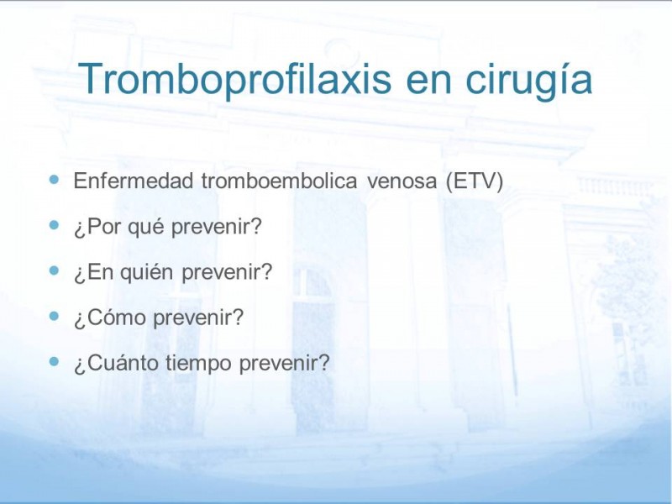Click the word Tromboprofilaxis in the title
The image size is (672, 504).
click(234, 80)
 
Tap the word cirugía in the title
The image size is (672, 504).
click(529, 80)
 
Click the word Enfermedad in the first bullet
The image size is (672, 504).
click(134, 181)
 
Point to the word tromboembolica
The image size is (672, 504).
click(279, 181)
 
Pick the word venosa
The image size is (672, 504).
click(402, 182)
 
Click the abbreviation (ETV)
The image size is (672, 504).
click(474, 181)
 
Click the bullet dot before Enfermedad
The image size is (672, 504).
click(54, 179)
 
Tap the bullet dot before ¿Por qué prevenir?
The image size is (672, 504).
click(54, 224)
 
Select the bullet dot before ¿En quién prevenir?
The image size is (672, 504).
click(54, 270)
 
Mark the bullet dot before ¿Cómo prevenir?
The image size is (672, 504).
click(54, 316)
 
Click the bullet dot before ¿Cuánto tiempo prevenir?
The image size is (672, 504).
click(54, 361)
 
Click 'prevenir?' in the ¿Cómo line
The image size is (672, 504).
click(198, 319)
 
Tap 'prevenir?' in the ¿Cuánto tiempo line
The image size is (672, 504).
click(285, 365)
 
